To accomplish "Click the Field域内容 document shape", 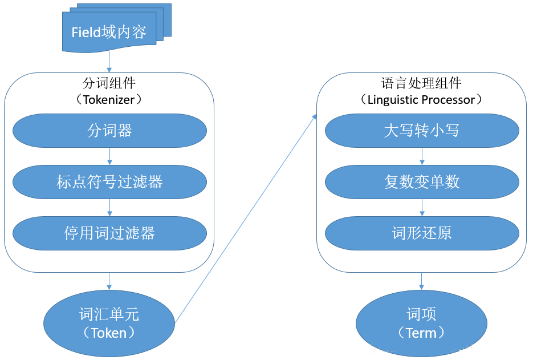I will (109, 32).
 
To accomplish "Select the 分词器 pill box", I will (109, 131).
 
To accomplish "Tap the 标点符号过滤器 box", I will (109, 181).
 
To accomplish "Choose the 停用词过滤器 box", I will (109, 233).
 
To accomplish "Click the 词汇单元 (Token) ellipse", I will (109, 323).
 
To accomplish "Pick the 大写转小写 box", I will (422, 131).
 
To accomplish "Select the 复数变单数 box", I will (422, 181).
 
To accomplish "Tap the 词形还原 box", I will (422, 233).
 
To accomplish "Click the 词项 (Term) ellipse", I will (421, 323).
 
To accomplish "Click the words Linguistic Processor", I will (422, 100).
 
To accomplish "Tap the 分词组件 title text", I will (109, 83).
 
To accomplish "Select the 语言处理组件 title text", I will (421, 83).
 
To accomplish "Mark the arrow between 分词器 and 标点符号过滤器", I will (109, 156).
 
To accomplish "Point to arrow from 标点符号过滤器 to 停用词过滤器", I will (109, 207).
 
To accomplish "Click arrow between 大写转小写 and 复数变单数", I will (422, 156).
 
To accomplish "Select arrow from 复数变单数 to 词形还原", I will (422, 207).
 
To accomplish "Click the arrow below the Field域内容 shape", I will (109, 62).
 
